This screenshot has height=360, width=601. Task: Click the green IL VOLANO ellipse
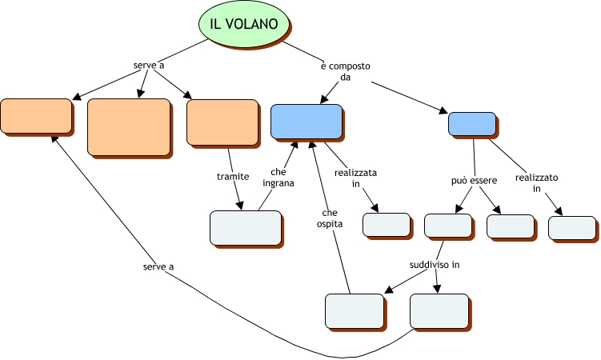(x=244, y=24)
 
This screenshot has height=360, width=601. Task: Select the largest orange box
(x=128, y=126)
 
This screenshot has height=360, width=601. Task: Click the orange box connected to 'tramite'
(x=222, y=122)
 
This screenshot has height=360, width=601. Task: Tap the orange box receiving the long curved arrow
(x=36, y=116)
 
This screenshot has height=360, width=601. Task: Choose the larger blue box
(x=306, y=121)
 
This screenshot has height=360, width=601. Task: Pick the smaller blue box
(x=471, y=124)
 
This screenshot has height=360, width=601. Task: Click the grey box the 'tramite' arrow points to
(x=245, y=227)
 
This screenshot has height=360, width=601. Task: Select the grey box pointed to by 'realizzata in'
(x=386, y=225)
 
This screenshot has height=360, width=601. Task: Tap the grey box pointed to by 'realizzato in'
(x=572, y=227)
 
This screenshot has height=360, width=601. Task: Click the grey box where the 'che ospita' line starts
(x=355, y=310)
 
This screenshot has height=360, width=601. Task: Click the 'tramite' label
(x=233, y=176)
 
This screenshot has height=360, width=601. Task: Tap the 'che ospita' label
(x=329, y=218)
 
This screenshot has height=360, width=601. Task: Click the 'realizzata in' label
(x=356, y=178)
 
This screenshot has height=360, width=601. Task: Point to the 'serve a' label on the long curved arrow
(x=159, y=266)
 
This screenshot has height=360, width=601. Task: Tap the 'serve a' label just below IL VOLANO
(x=148, y=64)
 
